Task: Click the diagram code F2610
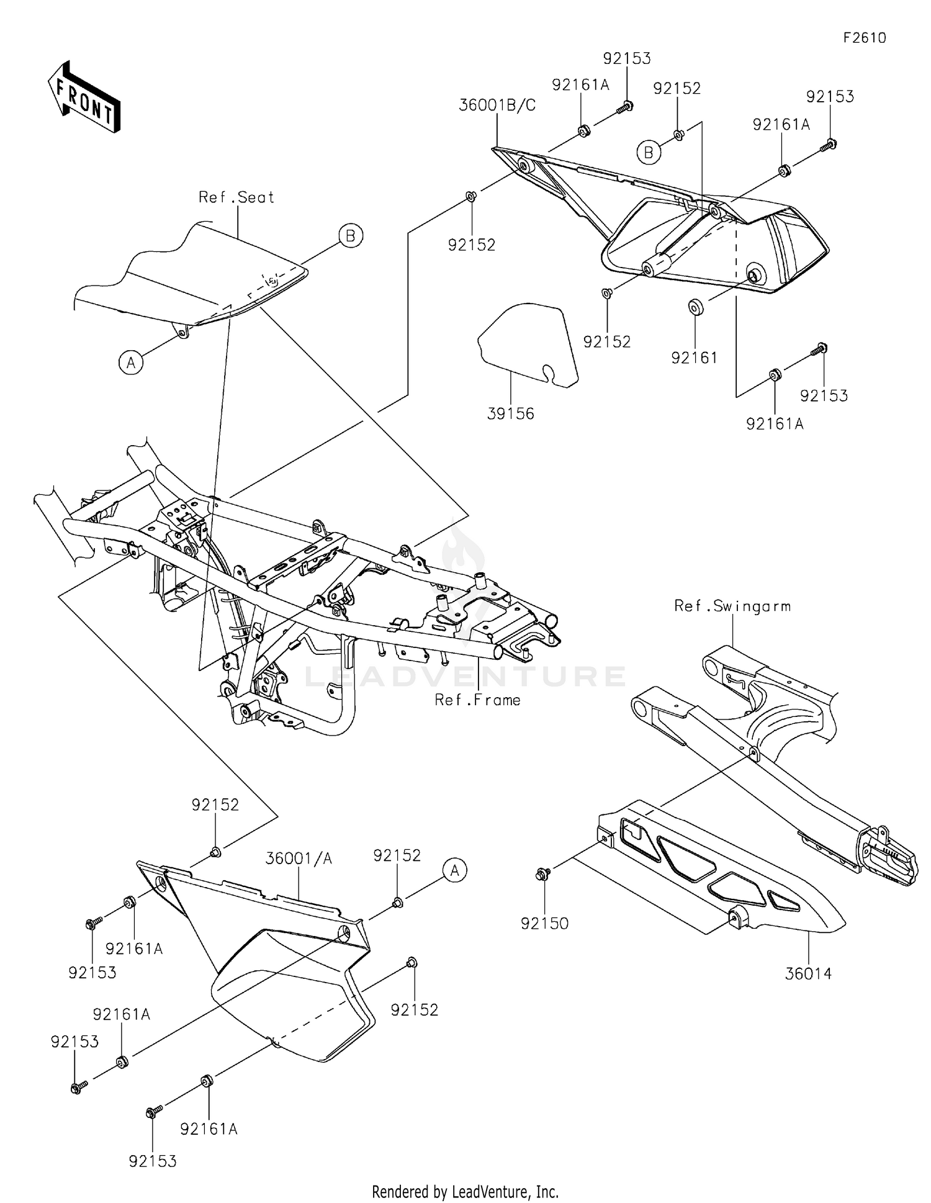[x=864, y=38]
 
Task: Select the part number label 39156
[x=510, y=413]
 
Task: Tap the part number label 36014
[x=808, y=973]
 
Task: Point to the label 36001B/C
[x=497, y=106]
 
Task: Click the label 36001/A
[x=299, y=858]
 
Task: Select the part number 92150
[x=544, y=923]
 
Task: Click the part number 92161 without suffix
[x=694, y=358]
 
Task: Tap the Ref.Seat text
[x=236, y=197]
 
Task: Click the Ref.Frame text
[x=477, y=700]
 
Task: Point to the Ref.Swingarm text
[x=732, y=606]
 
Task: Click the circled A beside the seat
[x=131, y=362]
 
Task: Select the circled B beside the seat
[x=351, y=236]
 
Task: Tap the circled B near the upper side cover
[x=649, y=152]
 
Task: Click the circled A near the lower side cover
[x=455, y=870]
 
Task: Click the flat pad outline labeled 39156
[x=528, y=345]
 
